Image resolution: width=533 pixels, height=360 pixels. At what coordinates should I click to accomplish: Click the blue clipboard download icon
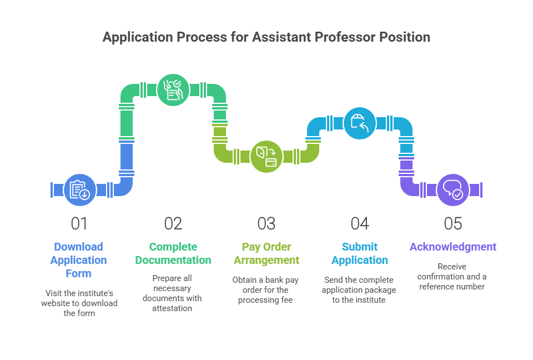click(79, 190)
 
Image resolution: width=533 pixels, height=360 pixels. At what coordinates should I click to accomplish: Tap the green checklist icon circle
click(173, 90)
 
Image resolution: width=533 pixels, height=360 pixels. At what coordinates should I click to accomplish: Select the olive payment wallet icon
click(266, 157)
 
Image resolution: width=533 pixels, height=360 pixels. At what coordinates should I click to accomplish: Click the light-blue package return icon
click(360, 123)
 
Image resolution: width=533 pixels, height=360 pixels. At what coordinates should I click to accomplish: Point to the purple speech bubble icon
click(453, 190)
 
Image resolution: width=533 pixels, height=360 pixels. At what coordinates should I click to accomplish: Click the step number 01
click(79, 223)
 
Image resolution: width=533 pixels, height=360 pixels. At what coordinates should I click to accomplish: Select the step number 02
click(173, 223)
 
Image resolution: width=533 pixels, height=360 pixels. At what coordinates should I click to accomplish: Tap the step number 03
click(266, 223)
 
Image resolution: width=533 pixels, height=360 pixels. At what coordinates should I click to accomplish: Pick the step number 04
click(360, 223)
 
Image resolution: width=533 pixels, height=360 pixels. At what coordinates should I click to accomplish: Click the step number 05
click(453, 223)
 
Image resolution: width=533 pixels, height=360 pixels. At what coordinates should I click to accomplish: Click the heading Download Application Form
click(78, 260)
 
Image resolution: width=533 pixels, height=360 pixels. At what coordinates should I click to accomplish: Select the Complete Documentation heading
click(173, 253)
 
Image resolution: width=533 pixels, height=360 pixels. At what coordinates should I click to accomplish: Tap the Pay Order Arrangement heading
click(266, 253)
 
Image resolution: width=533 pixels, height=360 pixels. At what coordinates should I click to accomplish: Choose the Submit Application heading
click(360, 253)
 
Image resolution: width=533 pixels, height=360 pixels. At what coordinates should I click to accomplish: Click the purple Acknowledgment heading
click(453, 247)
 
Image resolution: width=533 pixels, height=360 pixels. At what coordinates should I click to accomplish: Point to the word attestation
click(172, 308)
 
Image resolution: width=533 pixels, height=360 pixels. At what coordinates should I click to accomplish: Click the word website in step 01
click(56, 303)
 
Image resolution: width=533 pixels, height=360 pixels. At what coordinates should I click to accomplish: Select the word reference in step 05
click(436, 287)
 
